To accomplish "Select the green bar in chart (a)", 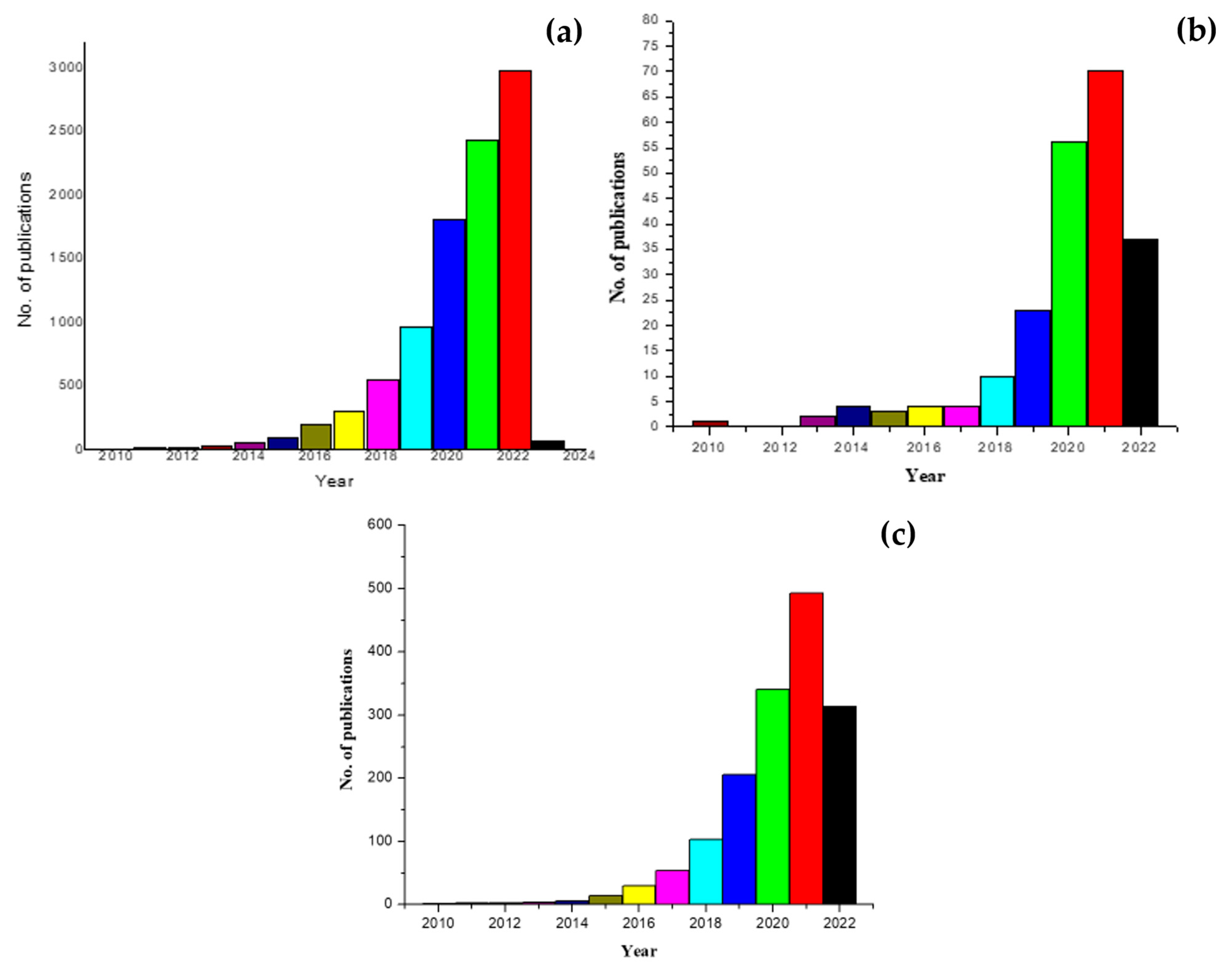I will point(482,294).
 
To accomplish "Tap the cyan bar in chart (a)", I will point(415,388).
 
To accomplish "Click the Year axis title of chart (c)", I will point(639,951).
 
